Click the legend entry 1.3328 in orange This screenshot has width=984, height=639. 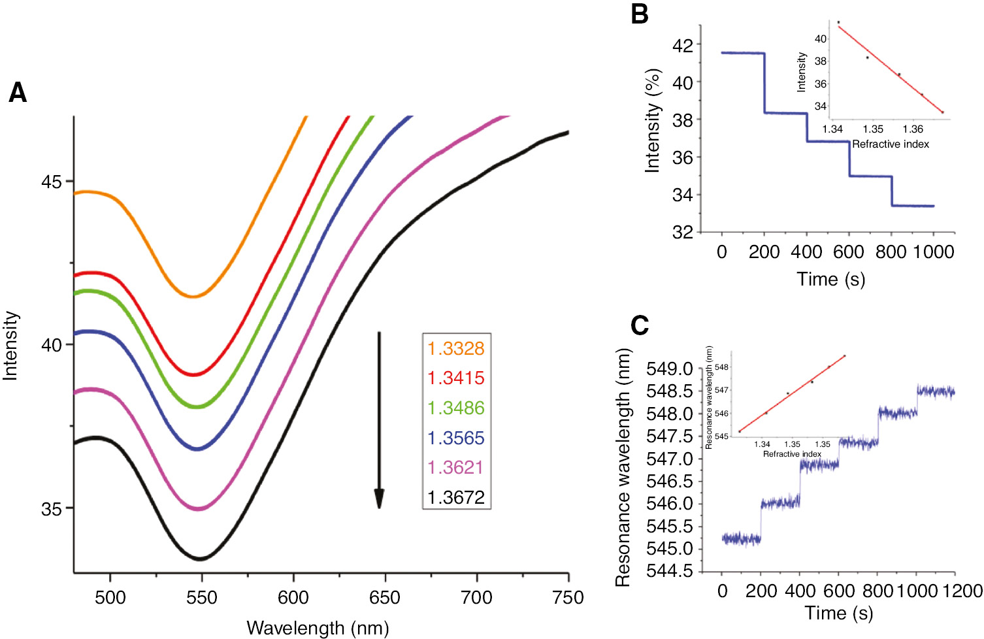455,348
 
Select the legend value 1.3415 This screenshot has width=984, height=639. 455,378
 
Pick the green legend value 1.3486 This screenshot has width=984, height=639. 455,408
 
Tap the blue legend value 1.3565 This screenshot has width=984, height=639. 455,438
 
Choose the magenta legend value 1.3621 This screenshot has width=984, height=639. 455,468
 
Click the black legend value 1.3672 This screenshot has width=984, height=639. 455,497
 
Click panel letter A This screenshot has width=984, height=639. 18,93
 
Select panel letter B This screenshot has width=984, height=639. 640,14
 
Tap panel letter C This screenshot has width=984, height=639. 640,325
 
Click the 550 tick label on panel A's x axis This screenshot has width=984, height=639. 202,598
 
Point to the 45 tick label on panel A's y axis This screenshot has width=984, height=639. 51,182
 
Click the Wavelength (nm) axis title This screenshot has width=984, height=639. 318,628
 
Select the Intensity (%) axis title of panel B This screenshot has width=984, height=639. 652,121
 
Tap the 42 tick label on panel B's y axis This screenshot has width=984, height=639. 683,46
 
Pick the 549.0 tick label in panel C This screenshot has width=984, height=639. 669,369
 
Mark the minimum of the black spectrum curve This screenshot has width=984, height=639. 200,559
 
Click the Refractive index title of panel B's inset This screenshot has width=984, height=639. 890,144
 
